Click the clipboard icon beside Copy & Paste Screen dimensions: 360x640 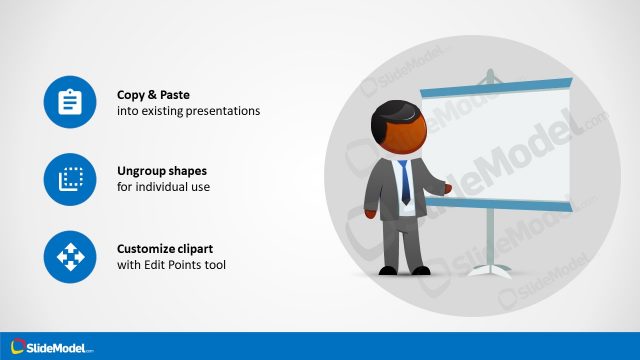70,102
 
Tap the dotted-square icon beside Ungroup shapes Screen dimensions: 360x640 70,179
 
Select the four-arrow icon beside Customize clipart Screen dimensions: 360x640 70,257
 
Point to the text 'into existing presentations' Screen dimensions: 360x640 188,111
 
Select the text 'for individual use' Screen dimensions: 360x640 163,188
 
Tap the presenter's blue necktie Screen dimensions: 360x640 405,181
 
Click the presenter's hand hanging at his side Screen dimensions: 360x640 371,213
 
